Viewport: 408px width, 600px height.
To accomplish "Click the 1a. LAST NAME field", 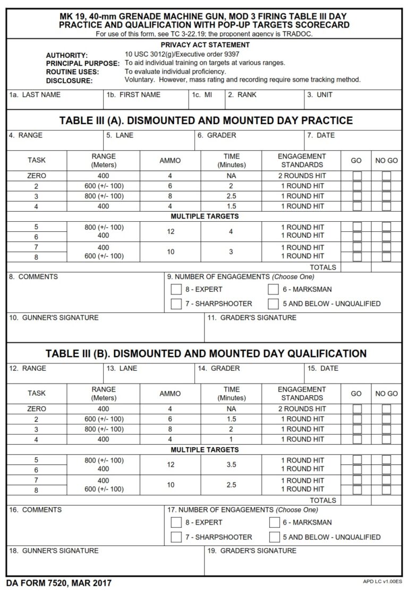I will pyautogui.click(x=55, y=100).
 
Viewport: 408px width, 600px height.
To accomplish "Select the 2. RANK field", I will pyautogui.click(x=263, y=100).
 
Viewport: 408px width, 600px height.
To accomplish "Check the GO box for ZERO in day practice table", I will pyautogui.click(x=358, y=176).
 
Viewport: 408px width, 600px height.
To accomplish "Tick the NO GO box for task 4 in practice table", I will pyautogui.click(x=386, y=206).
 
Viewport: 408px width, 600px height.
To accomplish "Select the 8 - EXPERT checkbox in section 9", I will pyautogui.click(x=176, y=290).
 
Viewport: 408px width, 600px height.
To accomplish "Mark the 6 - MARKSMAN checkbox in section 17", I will pyautogui.click(x=274, y=523).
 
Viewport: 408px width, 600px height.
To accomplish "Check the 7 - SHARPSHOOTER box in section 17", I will pyautogui.click(x=176, y=537).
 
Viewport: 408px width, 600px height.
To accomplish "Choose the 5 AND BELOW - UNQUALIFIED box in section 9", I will pyautogui.click(x=274, y=304).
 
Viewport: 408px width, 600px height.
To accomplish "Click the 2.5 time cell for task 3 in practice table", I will pyautogui.click(x=231, y=196).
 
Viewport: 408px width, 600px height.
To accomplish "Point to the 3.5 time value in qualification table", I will pyautogui.click(x=231, y=464).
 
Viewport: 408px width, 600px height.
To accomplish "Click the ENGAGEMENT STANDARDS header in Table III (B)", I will pyautogui.click(x=302, y=394).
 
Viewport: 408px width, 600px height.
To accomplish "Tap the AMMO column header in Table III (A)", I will pyautogui.click(x=170, y=161).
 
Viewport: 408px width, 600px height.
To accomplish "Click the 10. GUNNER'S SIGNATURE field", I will pyautogui.click(x=105, y=329).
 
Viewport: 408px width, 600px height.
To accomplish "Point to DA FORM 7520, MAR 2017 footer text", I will pyautogui.click(x=59, y=584).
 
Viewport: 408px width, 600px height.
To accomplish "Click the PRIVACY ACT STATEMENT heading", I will pyautogui.click(x=205, y=45).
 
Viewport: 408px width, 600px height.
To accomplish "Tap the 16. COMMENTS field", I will pyautogui.click(x=85, y=525).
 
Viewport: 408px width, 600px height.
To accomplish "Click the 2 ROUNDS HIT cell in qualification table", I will pyautogui.click(x=302, y=409).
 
